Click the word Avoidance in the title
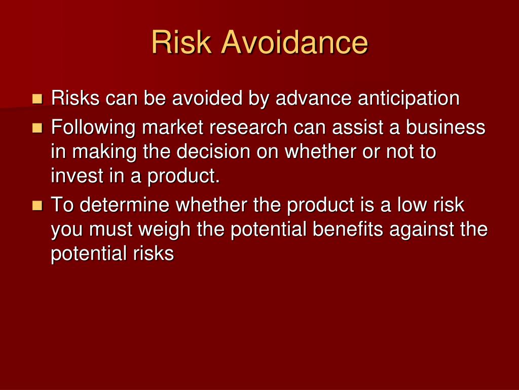point(294,43)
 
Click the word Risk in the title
point(181,43)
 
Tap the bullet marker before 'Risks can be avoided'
point(37,98)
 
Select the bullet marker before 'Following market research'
point(37,127)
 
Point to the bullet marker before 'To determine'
point(37,205)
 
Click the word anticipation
point(409,99)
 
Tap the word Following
point(93,127)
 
